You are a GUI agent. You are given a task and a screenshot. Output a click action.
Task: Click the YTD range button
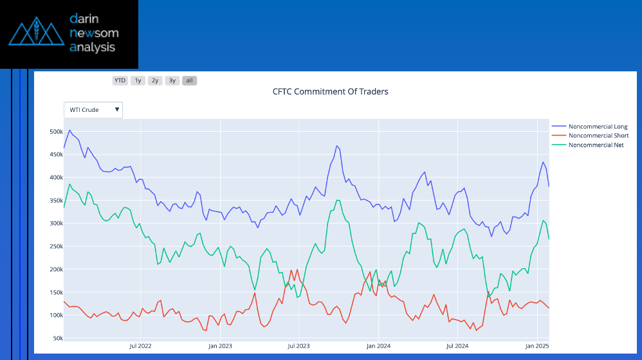(x=120, y=80)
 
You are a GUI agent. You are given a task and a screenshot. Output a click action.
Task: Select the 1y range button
(x=138, y=80)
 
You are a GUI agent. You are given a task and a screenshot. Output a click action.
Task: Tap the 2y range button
(x=155, y=80)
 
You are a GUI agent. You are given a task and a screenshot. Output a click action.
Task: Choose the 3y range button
(x=172, y=80)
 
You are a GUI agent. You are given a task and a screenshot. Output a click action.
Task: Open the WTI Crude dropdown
(x=93, y=110)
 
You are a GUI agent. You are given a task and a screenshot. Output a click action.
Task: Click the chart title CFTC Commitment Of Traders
(x=331, y=91)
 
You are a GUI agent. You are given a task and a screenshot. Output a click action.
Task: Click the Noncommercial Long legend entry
(x=598, y=127)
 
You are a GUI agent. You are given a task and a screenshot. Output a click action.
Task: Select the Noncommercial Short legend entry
(x=598, y=136)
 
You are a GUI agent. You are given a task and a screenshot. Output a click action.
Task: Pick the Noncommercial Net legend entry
(x=596, y=145)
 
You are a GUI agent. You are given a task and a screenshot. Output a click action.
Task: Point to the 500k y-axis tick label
(x=56, y=132)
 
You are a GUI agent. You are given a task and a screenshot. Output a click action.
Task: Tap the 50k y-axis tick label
(x=57, y=338)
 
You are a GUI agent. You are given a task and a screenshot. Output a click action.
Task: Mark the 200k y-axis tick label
(x=56, y=269)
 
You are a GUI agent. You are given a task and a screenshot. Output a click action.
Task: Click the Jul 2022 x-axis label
(x=140, y=346)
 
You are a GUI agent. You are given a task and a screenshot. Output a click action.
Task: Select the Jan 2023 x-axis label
(x=220, y=346)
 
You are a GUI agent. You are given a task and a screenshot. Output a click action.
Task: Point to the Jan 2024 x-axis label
(x=378, y=346)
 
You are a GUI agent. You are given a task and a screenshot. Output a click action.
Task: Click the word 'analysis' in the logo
(x=93, y=47)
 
